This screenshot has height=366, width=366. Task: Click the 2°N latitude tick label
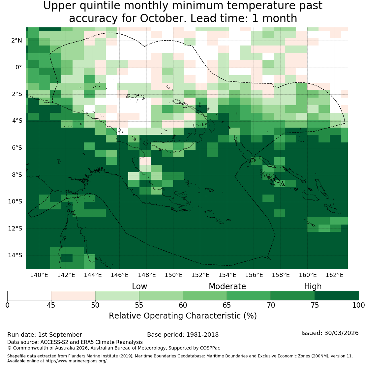[x=16, y=41]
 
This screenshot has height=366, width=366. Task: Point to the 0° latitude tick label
[x=19, y=68]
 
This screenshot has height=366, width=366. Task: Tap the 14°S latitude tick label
[x=15, y=255]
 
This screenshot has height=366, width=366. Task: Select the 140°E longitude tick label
[x=39, y=275]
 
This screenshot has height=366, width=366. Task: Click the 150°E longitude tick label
[x=173, y=275]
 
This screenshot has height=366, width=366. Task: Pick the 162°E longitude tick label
[x=334, y=275]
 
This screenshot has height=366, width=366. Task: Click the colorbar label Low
[x=139, y=287]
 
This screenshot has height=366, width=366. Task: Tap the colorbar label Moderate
[x=228, y=287]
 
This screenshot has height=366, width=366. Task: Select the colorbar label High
[x=313, y=287]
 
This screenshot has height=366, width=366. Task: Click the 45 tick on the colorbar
[x=51, y=305]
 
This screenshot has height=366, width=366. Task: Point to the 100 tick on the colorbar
[x=359, y=305]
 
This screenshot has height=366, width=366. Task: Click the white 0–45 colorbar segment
[x=29, y=295]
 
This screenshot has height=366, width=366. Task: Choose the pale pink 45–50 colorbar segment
[x=73, y=295]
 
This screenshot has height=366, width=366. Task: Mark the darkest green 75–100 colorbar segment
[x=337, y=295]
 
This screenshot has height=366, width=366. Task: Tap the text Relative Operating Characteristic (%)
[x=183, y=316]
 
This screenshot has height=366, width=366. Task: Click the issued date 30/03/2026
[x=342, y=333]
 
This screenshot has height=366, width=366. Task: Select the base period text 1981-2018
[x=202, y=335]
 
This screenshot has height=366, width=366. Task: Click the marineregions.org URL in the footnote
[x=76, y=361]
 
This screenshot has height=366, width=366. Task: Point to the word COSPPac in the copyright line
[x=210, y=348]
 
